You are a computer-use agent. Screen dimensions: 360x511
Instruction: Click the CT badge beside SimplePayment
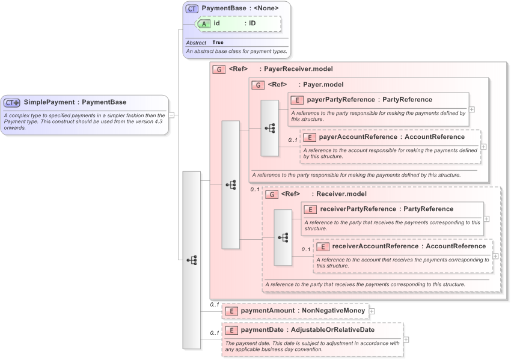[x=13, y=103]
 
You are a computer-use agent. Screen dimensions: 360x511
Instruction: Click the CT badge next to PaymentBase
[x=192, y=8]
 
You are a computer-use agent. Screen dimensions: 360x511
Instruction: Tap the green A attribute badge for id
[x=204, y=23]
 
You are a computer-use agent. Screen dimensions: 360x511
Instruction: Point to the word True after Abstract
[x=218, y=43]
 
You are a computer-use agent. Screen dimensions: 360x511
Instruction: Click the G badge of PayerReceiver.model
[x=218, y=69]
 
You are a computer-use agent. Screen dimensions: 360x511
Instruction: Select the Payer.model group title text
[x=323, y=85]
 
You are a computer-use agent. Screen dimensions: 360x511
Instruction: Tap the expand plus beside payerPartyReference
[x=472, y=109]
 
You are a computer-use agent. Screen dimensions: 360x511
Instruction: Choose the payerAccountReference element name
[x=349, y=137]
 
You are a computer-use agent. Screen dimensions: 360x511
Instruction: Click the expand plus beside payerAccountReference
[x=484, y=147]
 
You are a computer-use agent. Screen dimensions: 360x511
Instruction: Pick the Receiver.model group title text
[x=341, y=194]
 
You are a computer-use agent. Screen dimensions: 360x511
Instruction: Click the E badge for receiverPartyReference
[x=310, y=209]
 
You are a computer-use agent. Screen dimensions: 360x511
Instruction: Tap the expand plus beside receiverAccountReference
[x=495, y=255]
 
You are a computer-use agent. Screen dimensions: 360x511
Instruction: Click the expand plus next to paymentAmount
[x=372, y=311]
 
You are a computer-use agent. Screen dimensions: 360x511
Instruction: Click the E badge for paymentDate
[x=231, y=330]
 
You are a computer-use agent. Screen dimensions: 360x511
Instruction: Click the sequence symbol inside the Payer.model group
[x=269, y=128]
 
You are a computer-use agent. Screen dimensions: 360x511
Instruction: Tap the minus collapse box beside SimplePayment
[x=171, y=114]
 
